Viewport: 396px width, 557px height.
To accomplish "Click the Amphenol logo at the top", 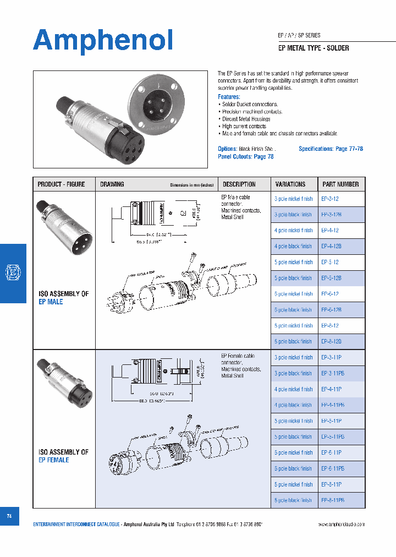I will click(103, 41).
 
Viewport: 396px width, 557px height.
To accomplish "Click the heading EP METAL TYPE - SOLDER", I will click(313, 48).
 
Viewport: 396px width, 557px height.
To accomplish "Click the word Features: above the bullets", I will click(229, 96).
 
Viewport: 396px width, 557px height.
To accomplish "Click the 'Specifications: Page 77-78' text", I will click(331, 149).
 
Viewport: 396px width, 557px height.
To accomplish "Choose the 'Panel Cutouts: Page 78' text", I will click(245, 157).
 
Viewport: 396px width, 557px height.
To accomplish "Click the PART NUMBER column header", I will click(340, 184).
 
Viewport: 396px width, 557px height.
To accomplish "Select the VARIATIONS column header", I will click(290, 184).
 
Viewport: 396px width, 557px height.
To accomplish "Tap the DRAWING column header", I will click(112, 184).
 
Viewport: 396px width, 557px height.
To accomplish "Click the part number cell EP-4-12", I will click(330, 231).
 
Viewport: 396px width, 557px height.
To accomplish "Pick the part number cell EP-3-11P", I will click(332, 357).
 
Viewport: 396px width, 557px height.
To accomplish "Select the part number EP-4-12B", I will click(332, 247).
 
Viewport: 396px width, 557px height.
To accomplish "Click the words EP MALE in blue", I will click(51, 302).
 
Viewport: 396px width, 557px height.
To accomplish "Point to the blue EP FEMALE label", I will click(54, 460).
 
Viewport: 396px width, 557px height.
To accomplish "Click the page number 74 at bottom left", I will click(9, 516).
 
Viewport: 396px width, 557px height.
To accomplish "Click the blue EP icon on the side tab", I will click(12, 272).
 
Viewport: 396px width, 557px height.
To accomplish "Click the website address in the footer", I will click(341, 525).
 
